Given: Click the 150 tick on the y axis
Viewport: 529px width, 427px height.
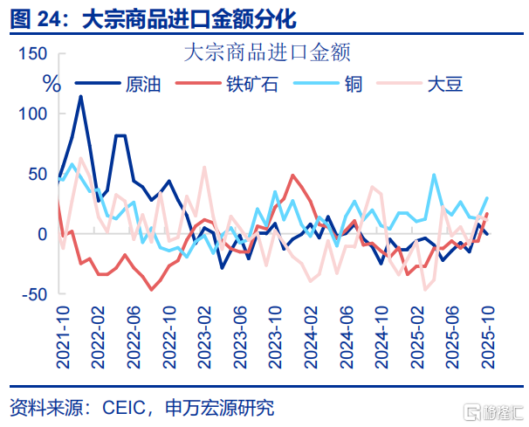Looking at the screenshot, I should pyautogui.click(x=31, y=54).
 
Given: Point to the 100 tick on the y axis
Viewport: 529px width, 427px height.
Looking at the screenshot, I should pyautogui.click(x=31, y=114).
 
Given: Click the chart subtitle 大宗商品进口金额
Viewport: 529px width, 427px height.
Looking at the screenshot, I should pyautogui.click(x=267, y=52).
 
